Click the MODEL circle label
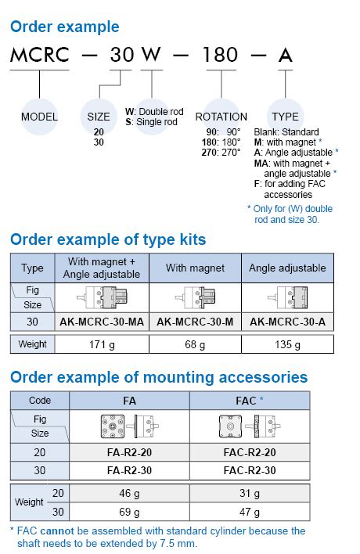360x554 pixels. click(x=39, y=117)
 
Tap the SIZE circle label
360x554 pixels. click(x=94, y=117)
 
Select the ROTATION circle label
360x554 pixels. click(x=221, y=117)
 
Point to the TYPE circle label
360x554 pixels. click(x=285, y=117)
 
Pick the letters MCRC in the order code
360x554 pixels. click(x=40, y=56)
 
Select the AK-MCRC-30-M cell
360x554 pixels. click(x=196, y=322)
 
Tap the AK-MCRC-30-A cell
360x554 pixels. click(x=287, y=322)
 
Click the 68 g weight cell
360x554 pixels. click(x=196, y=344)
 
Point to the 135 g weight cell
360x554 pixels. click(x=287, y=344)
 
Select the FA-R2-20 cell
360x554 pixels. click(x=130, y=453)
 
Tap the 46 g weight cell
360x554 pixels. click(x=130, y=495)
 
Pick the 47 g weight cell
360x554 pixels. click(x=250, y=513)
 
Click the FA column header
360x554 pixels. click(x=130, y=400)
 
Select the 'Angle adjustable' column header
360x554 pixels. click(x=287, y=268)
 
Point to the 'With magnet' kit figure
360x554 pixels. click(x=196, y=297)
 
